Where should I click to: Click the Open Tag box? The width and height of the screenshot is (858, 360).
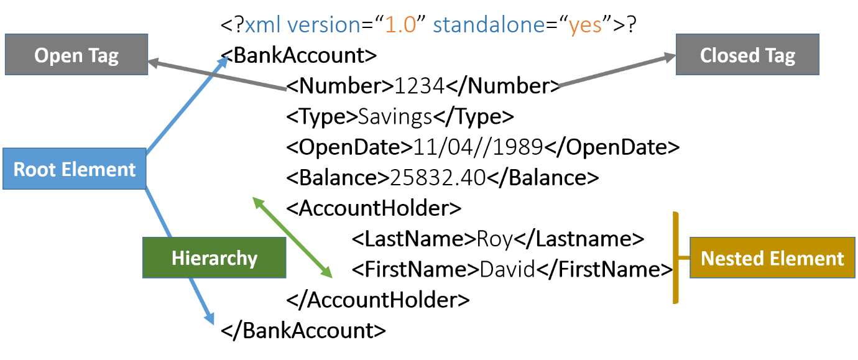(76, 55)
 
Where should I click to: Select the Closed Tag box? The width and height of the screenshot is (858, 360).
(747, 55)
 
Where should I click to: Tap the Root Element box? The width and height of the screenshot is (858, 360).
(75, 168)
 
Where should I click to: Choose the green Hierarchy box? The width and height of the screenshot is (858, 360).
(214, 257)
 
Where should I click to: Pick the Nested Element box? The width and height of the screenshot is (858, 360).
(772, 257)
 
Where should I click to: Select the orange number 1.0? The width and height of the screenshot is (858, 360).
(400, 25)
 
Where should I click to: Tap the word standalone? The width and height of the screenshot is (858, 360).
(489, 25)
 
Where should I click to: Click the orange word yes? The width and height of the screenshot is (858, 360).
(584, 25)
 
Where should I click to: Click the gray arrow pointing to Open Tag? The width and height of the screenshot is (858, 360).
(218, 76)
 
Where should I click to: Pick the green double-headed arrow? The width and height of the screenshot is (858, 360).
(292, 237)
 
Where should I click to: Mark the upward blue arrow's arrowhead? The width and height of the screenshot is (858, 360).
(224, 60)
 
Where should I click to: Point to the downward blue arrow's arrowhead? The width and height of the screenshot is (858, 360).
(211, 319)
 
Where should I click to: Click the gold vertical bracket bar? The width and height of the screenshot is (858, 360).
(675, 257)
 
